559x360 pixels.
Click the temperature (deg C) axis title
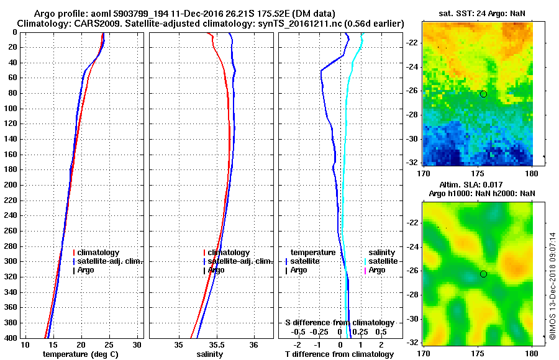tap(80, 354)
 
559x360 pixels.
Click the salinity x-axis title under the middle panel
tap(210, 354)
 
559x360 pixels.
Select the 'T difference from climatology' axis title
tap(339, 354)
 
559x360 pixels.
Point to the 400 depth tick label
tap(11, 338)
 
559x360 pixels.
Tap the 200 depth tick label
tap(11, 185)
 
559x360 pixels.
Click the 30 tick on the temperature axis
tap(137, 344)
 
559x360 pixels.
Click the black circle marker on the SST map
tap(483, 94)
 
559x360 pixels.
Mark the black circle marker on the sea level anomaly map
tap(483, 274)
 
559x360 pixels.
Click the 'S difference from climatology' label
tap(339, 323)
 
